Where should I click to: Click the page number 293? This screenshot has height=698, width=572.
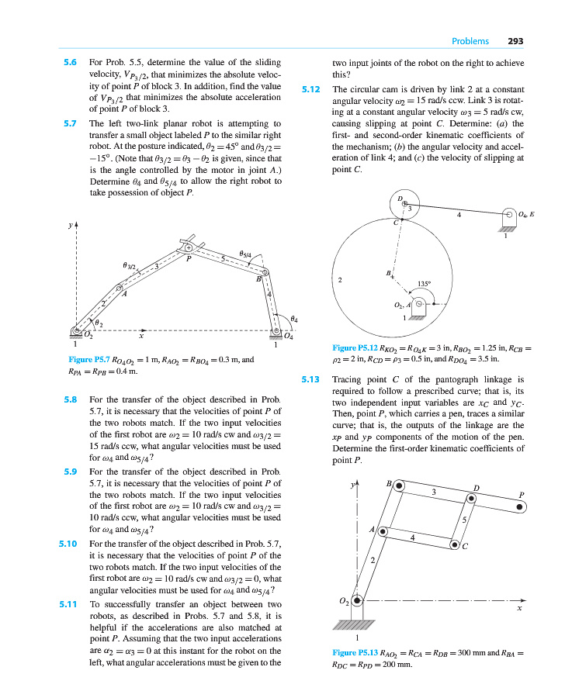point(515,41)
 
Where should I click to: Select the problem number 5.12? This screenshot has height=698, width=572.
point(310,90)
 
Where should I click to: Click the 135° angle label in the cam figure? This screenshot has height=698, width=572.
point(425,284)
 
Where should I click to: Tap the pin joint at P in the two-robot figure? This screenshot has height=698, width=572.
point(188,248)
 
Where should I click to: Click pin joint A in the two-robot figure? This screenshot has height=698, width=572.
point(120,289)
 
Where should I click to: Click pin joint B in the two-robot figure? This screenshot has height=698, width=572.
point(264,272)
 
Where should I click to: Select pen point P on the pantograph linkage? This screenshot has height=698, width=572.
point(522,506)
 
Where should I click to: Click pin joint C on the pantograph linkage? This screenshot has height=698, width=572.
point(456,544)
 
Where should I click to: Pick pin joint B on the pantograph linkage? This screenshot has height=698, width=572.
point(399,485)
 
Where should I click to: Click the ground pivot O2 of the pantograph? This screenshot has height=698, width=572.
point(356,600)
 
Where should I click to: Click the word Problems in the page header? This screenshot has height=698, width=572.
point(470,41)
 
